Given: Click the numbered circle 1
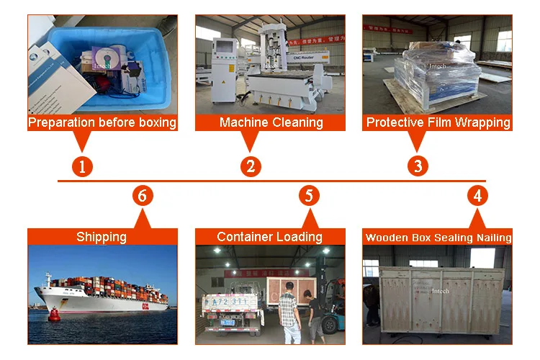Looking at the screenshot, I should point(82,166).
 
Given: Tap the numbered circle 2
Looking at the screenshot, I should point(250,166).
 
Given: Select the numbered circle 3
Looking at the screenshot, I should point(418,166).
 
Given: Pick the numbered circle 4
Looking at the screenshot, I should point(477,195).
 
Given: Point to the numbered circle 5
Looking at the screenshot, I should point(309,195).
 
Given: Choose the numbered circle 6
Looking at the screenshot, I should point(143,195).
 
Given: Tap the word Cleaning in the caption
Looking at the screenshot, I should point(297,122).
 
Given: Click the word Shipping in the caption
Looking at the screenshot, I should point(102,237).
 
